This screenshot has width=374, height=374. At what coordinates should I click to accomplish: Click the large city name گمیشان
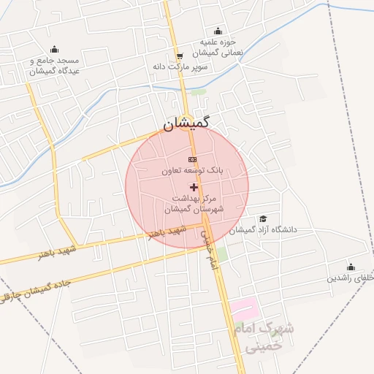[186, 124]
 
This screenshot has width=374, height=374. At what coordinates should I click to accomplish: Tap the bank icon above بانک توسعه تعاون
[192, 159]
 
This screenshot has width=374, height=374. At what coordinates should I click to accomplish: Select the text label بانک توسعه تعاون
[194, 170]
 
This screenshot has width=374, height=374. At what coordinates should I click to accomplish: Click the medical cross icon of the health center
[194, 188]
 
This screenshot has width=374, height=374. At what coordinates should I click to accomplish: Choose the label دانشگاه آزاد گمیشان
[263, 230]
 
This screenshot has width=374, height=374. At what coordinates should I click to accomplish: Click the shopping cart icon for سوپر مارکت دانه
[180, 56]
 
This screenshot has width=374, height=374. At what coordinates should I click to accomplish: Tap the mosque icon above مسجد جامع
[54, 50]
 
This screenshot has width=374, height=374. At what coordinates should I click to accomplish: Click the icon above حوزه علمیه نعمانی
[217, 31]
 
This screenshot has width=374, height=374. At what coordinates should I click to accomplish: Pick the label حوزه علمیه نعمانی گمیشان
[218, 47]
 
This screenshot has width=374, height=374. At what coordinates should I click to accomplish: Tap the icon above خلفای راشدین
[351, 267]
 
